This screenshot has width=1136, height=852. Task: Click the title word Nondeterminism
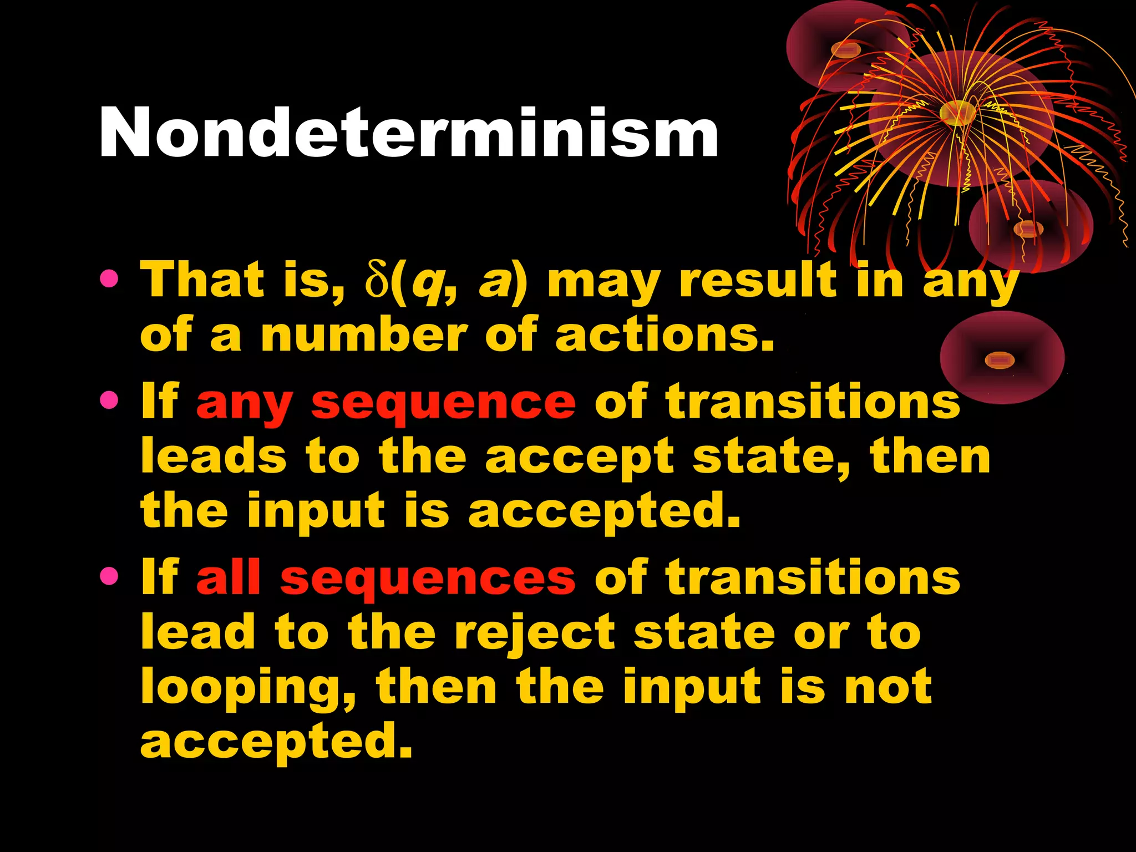point(409,133)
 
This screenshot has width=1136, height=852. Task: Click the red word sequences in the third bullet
point(428,579)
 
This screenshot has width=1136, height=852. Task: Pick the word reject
point(534,633)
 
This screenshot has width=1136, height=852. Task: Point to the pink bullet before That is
point(109,279)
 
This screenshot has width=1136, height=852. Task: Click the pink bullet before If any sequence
point(109,400)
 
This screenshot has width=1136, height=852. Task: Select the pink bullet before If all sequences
point(109,576)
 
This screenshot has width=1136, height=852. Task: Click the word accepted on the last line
point(276,742)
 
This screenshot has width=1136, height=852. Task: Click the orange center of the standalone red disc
point(1000,361)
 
